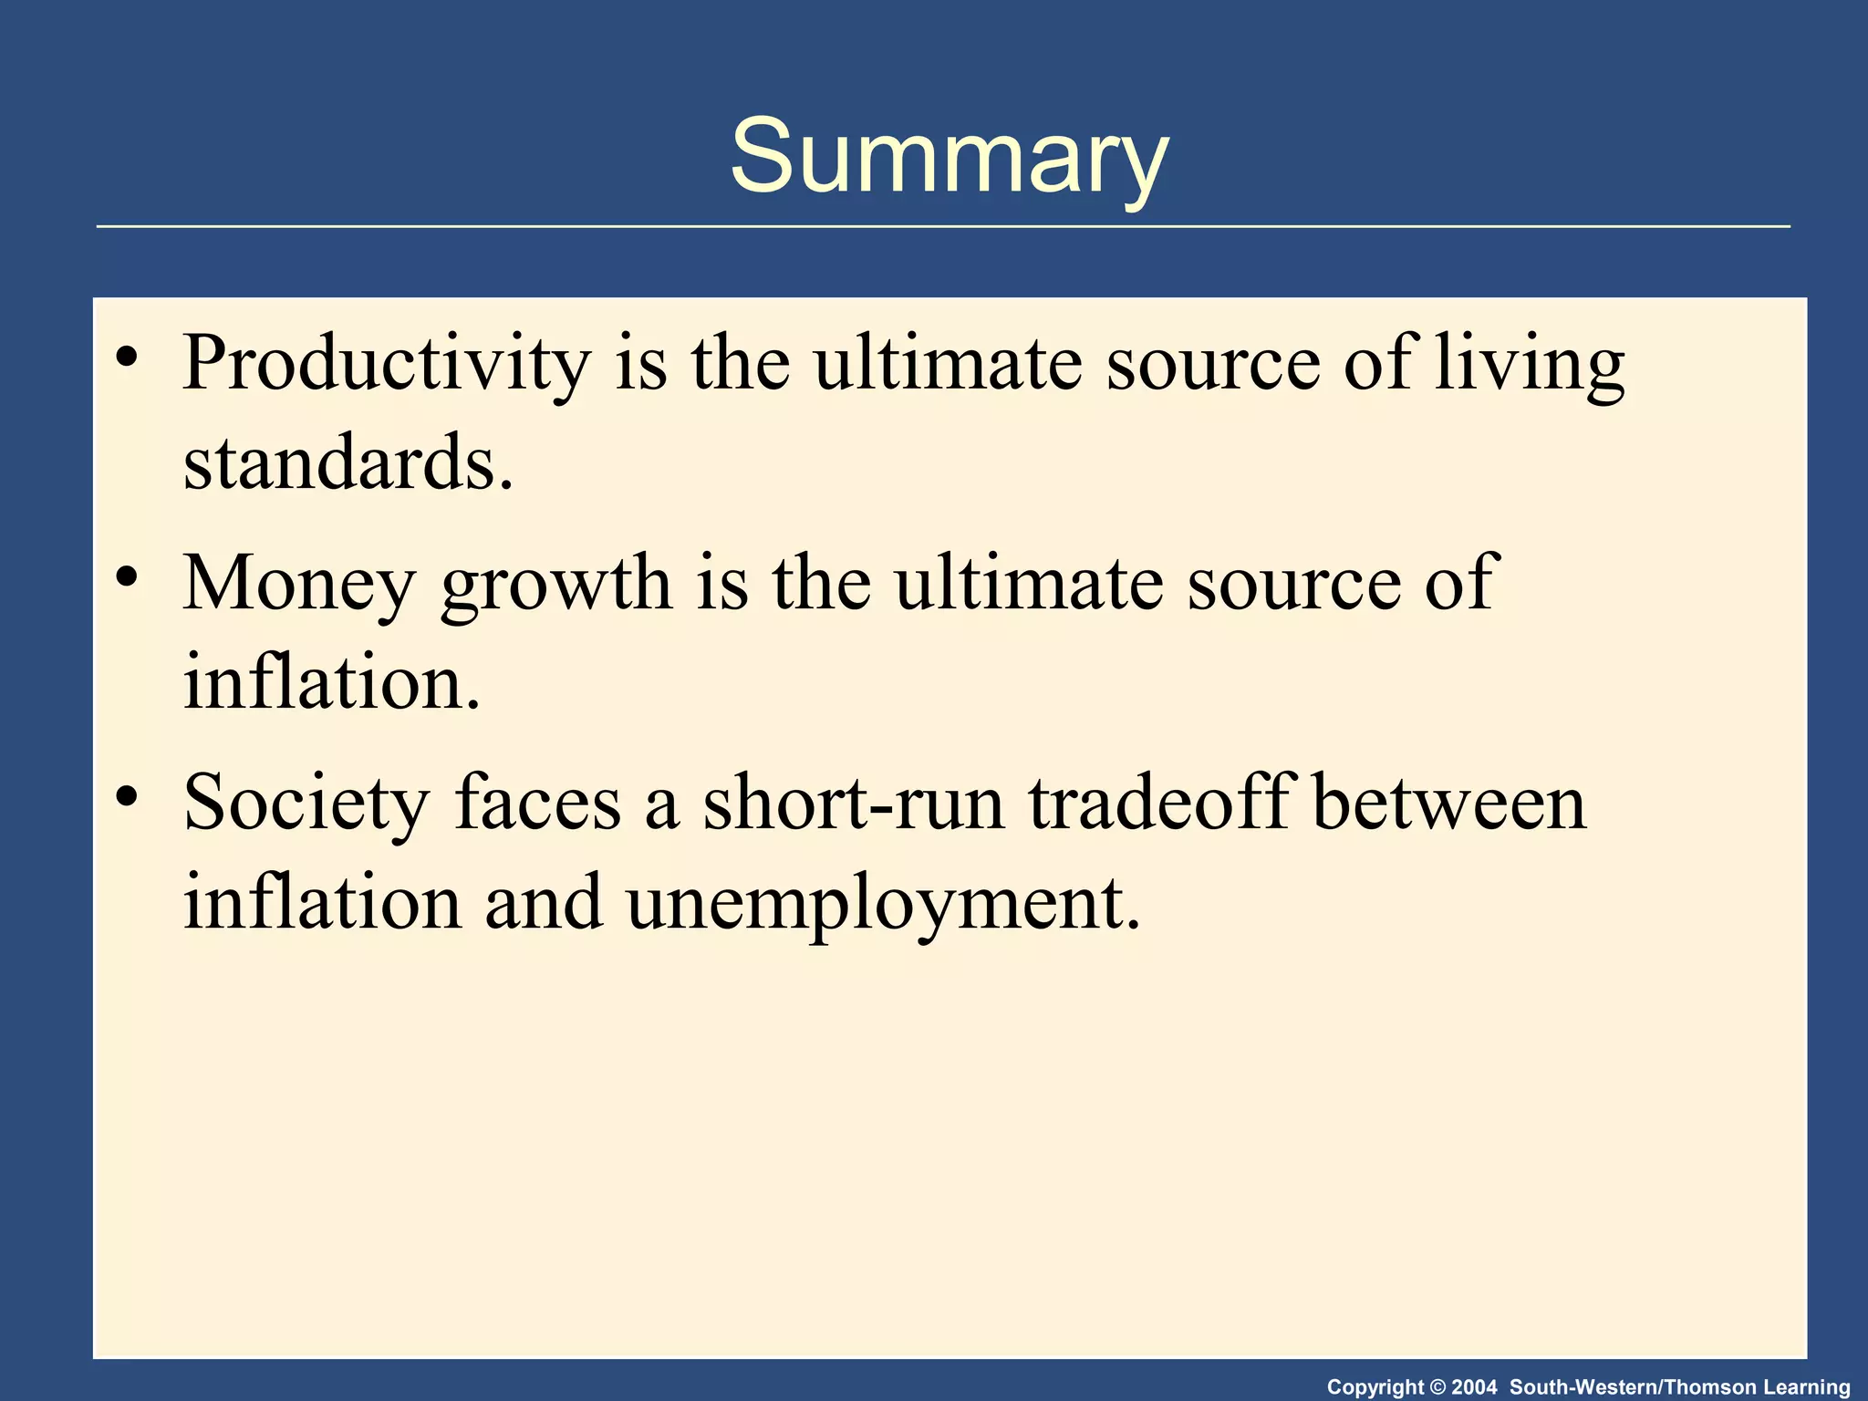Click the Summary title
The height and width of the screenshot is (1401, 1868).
click(x=949, y=157)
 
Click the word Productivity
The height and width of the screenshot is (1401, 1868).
click(x=387, y=365)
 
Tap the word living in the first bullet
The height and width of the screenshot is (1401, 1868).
click(x=1529, y=365)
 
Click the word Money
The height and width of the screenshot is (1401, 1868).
click(x=299, y=584)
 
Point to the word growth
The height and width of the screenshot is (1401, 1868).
click(x=555, y=586)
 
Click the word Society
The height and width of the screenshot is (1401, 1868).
click(x=306, y=804)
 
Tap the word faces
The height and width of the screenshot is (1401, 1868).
click(x=537, y=803)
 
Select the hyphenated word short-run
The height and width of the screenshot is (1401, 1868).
click(x=854, y=803)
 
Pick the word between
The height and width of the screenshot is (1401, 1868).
click(x=1449, y=803)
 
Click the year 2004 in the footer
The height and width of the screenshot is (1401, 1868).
click(x=1474, y=1387)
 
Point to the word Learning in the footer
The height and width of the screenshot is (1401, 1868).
click(x=1806, y=1387)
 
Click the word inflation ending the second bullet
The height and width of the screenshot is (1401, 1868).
click(x=330, y=682)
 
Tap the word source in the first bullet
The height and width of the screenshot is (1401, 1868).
click(x=1212, y=365)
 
